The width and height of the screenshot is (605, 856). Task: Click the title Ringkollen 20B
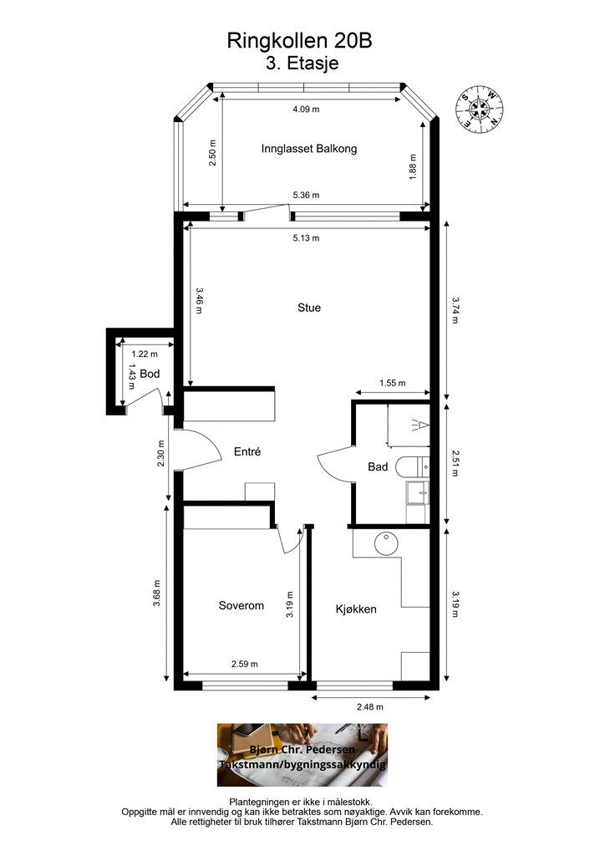click(x=299, y=41)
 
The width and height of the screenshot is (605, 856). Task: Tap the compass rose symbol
click(x=479, y=108)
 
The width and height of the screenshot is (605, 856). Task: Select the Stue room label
click(x=309, y=308)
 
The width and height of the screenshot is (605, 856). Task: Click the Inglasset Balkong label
click(x=309, y=149)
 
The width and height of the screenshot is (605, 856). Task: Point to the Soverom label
click(x=241, y=605)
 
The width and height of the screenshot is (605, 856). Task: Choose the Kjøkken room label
click(x=356, y=609)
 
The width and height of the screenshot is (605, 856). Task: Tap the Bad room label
click(x=378, y=466)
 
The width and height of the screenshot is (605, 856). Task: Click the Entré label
click(x=247, y=452)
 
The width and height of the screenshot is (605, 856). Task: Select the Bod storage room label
click(x=150, y=374)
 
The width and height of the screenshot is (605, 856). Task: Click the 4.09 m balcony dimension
click(x=306, y=110)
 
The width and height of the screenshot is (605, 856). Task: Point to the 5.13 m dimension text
click(x=306, y=238)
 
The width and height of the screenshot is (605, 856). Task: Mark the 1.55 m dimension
click(x=393, y=383)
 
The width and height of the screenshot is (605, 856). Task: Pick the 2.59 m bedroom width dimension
click(x=244, y=665)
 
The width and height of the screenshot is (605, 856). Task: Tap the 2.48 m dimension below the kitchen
click(x=370, y=707)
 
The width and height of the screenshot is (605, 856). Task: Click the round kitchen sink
click(x=387, y=543)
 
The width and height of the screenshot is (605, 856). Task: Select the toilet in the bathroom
click(x=412, y=466)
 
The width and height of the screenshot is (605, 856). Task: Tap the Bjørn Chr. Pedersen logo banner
click(x=302, y=755)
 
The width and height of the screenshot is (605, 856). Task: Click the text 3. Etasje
click(x=302, y=64)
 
